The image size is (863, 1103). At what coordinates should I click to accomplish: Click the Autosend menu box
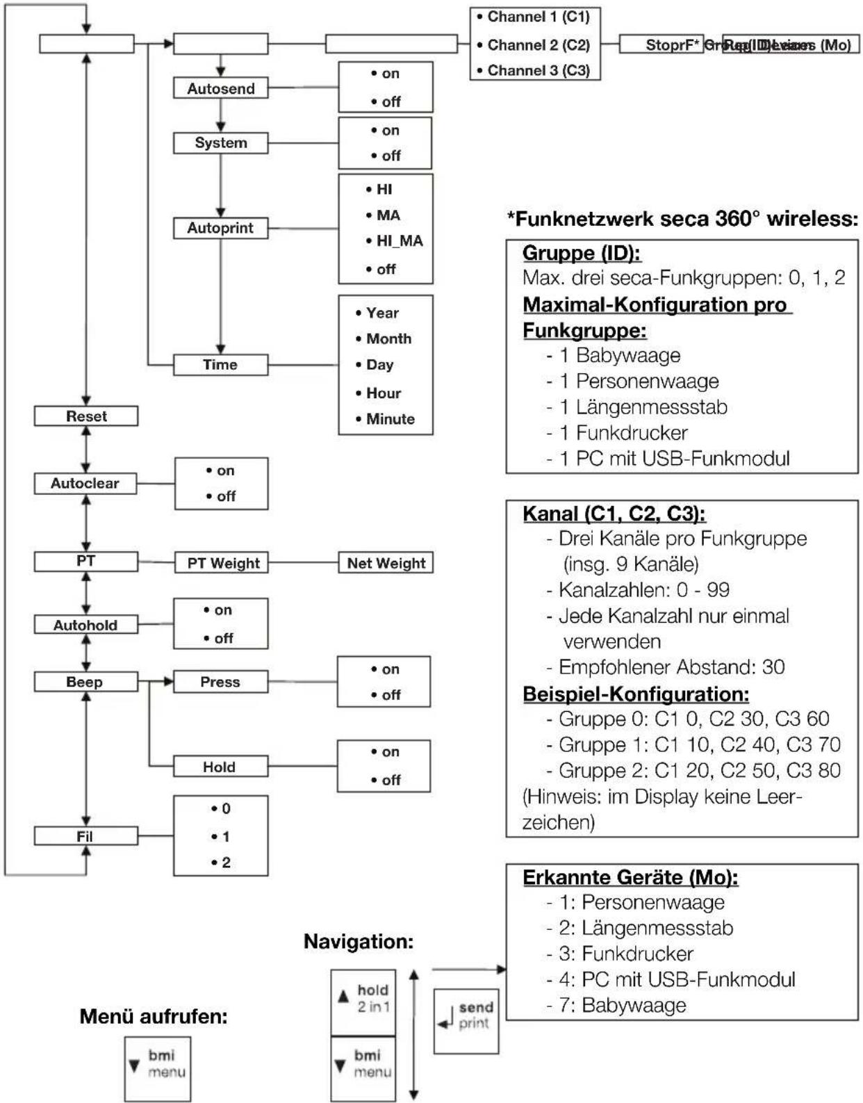[220, 88]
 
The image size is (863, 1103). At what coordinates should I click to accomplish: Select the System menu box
[220, 142]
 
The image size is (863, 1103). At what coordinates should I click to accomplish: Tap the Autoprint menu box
[220, 228]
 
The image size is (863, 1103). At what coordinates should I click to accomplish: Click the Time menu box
[220, 365]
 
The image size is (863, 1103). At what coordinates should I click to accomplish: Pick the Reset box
[86, 416]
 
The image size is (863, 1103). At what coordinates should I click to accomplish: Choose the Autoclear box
[85, 484]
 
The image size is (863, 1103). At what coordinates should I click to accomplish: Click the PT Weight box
[223, 563]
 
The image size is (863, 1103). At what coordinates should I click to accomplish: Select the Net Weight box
[386, 563]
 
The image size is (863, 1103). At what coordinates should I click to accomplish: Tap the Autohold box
[85, 625]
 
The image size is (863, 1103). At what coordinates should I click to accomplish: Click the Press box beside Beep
[220, 682]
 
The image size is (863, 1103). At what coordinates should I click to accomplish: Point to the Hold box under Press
[220, 767]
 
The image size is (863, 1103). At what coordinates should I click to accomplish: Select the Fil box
[85, 836]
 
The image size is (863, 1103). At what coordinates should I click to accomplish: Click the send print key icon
[466, 1020]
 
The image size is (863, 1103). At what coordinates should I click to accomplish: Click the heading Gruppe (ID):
[581, 253]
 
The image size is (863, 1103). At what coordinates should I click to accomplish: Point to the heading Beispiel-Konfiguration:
[635, 694]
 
